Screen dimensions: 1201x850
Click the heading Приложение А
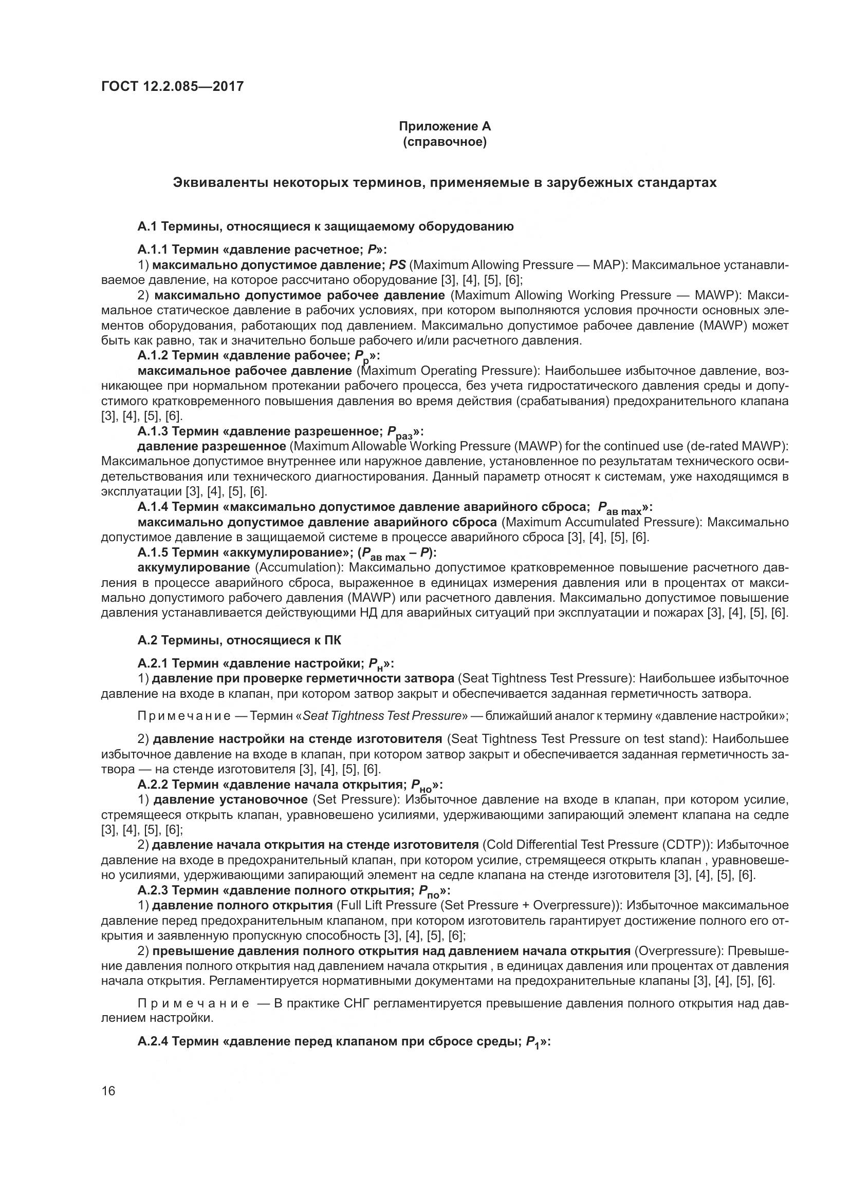(445, 127)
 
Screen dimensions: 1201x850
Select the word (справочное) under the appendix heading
(445, 142)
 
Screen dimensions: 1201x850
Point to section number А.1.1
(152, 250)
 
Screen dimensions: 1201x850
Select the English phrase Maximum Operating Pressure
(449, 371)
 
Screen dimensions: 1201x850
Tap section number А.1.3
(152, 431)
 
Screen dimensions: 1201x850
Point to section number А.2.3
(152, 890)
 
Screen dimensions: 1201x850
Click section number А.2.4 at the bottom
(152, 1041)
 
